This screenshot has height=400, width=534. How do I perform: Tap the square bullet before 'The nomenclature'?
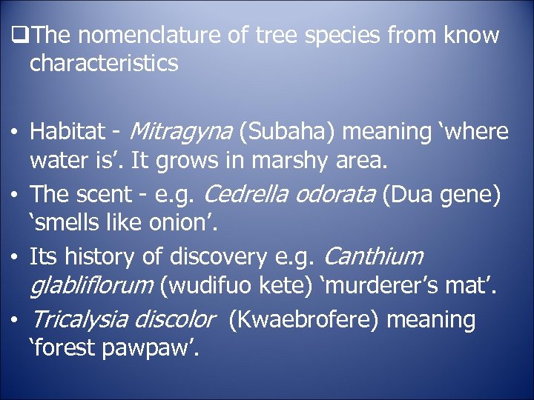(20, 35)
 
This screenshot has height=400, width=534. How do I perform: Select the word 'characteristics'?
(104, 63)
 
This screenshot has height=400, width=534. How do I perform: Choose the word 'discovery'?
(214, 257)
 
